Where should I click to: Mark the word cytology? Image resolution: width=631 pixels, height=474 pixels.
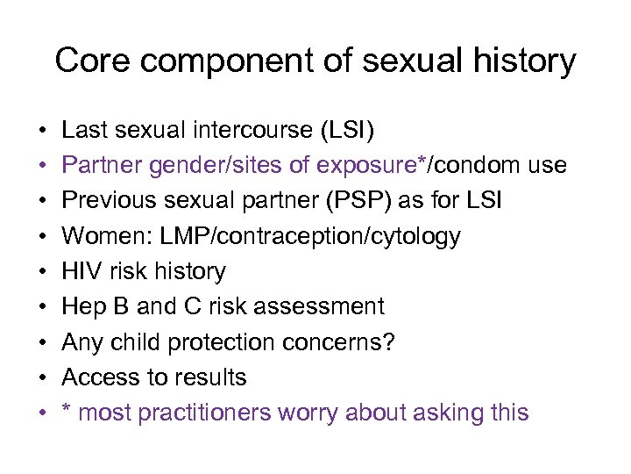(x=415, y=237)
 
